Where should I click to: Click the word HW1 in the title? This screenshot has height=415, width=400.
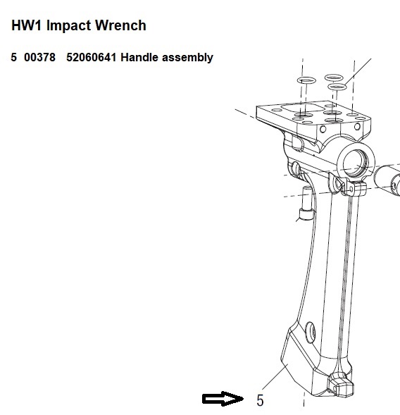click(x=26, y=25)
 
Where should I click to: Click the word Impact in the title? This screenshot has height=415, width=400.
click(x=68, y=26)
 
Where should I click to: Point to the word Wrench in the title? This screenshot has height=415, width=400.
click(x=120, y=25)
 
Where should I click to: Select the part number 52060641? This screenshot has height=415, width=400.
click(x=91, y=58)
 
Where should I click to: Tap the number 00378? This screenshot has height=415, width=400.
click(x=39, y=58)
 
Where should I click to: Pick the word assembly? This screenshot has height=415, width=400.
click(x=187, y=58)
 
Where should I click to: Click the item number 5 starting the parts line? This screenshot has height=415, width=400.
click(x=14, y=58)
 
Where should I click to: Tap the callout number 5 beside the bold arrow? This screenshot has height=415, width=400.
click(x=260, y=400)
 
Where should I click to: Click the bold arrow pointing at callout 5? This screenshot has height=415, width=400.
click(x=223, y=399)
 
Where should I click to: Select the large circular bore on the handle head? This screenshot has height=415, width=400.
click(x=356, y=163)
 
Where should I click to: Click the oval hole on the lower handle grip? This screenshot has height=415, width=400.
click(x=311, y=332)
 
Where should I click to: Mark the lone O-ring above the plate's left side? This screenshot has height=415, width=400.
click(x=306, y=80)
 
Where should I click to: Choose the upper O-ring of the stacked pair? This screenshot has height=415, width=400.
click(x=334, y=78)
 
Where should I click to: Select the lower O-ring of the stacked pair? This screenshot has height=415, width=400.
click(x=337, y=87)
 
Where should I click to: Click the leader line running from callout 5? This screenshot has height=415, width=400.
click(x=275, y=377)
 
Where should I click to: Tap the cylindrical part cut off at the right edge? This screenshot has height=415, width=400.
click(x=387, y=180)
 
